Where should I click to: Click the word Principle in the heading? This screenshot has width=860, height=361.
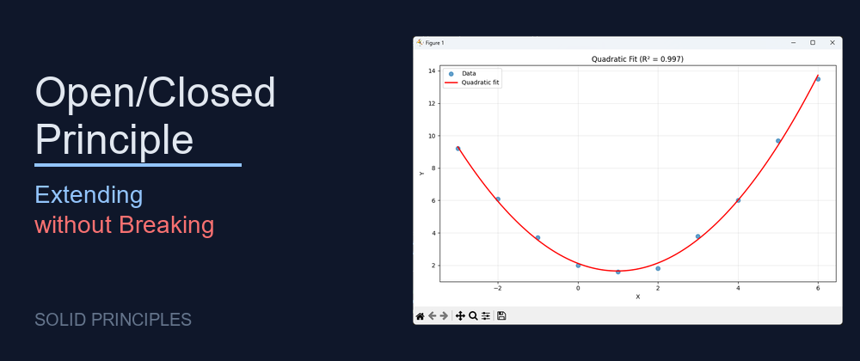pos(114,138)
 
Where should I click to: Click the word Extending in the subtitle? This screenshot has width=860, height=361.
pos(89,195)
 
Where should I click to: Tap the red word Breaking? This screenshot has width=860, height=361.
pos(166,225)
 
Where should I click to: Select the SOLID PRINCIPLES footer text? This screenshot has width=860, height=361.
pos(113,320)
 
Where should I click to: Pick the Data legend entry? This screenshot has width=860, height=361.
pos(469,73)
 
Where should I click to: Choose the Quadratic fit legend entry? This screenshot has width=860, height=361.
pos(481,83)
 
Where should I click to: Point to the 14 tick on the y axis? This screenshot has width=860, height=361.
pos(432,70)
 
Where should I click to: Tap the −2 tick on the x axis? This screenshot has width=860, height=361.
pos(497,287)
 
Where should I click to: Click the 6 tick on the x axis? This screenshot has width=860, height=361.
pos(818,287)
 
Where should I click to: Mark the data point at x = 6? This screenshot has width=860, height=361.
pos(818,79)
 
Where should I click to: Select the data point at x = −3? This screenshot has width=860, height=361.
pos(458,149)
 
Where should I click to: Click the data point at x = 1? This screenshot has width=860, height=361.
pos(617,272)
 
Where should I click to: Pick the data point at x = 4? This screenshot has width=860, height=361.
pos(738,200)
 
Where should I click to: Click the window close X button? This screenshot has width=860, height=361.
pos(832,42)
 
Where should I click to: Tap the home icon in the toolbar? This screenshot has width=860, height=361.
pos(421,316)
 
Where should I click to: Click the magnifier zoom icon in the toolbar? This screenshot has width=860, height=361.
pos(473,316)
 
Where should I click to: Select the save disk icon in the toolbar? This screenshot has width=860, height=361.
pos(501,316)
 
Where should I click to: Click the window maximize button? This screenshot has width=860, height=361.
pos(813,42)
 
